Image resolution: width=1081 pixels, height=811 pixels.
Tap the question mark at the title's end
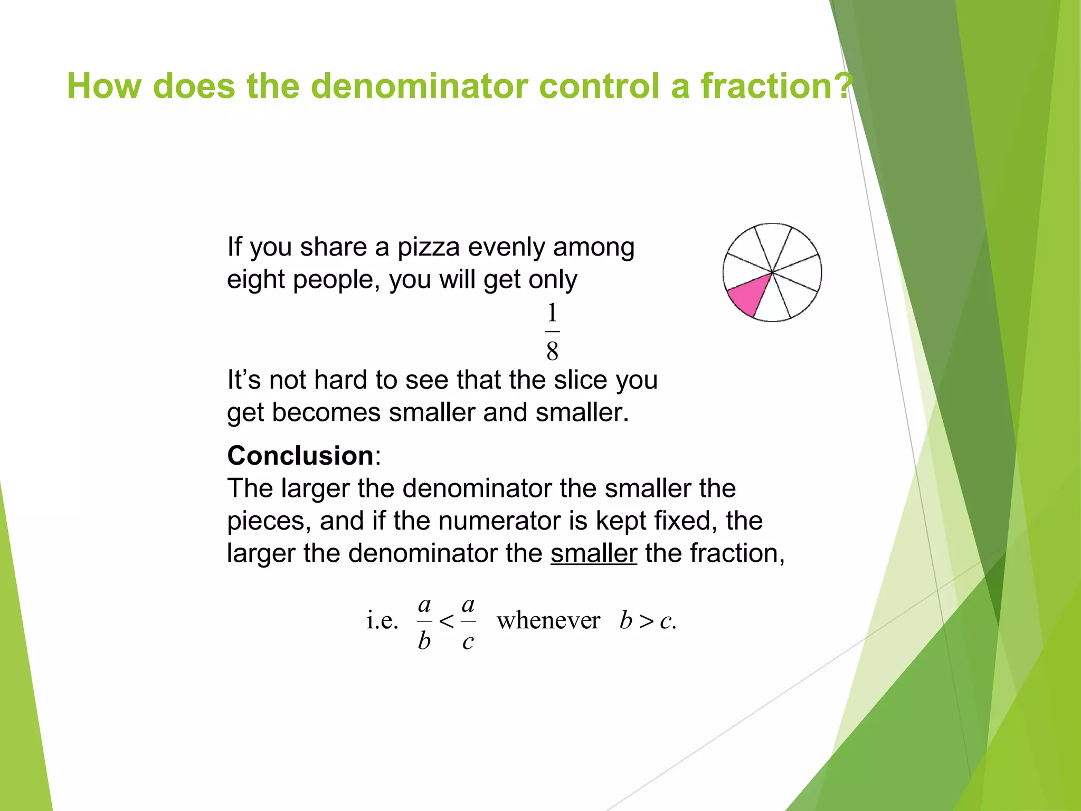point(846,86)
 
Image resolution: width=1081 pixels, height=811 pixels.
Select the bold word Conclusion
point(300,456)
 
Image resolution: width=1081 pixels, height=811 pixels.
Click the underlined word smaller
point(594,554)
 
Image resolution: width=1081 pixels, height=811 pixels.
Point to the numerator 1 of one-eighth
point(552,313)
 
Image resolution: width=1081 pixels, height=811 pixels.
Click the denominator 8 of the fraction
point(552,351)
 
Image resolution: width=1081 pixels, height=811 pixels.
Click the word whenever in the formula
point(548,620)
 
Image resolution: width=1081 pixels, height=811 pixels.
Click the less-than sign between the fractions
point(447,621)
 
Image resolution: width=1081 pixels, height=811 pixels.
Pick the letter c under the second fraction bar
point(468,642)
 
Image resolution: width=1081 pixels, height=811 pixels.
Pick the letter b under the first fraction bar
point(424,640)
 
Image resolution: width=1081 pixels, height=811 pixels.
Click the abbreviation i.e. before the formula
point(382,620)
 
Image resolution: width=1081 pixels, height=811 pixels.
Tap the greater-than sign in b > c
point(646,621)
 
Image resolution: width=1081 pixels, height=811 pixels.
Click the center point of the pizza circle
point(772,272)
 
